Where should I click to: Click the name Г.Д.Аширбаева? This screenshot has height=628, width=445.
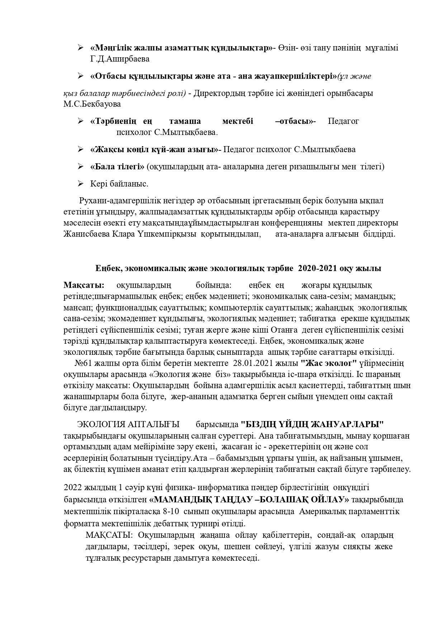tap(120, 59)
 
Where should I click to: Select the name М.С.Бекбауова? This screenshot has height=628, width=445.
tap(92, 104)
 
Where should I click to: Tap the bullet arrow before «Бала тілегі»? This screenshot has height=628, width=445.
tap(80, 166)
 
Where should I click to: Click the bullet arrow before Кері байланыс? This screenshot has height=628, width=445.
tap(80, 184)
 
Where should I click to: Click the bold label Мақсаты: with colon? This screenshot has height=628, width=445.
tap(84, 285)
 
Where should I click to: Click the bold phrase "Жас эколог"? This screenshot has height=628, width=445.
tap(329, 363)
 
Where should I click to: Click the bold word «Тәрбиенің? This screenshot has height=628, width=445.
tap(114, 121)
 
